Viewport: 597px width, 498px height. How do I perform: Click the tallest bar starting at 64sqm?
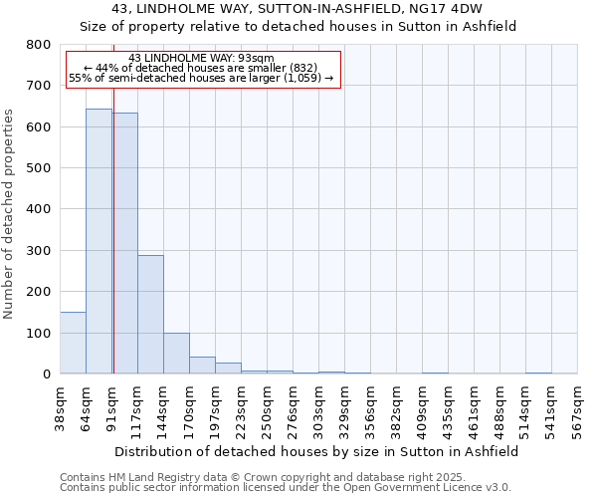99,241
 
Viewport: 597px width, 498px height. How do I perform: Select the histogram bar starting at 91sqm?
126,243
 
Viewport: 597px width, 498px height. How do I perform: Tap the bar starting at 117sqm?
150,314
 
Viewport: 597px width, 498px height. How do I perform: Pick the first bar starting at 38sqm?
73,343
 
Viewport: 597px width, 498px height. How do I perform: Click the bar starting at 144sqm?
176,354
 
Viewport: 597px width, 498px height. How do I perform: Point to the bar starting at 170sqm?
202,366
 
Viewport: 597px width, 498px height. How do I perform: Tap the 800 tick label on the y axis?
38,45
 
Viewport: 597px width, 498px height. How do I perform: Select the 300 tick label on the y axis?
38,251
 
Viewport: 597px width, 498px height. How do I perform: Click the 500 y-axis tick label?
38,168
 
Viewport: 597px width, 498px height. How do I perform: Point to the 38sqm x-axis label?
61,406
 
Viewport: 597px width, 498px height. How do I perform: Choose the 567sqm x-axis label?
577,406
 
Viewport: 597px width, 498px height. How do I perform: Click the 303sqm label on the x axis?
318,406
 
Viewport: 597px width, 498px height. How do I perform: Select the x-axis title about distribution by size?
317,451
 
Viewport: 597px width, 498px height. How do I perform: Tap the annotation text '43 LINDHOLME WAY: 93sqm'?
201,58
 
